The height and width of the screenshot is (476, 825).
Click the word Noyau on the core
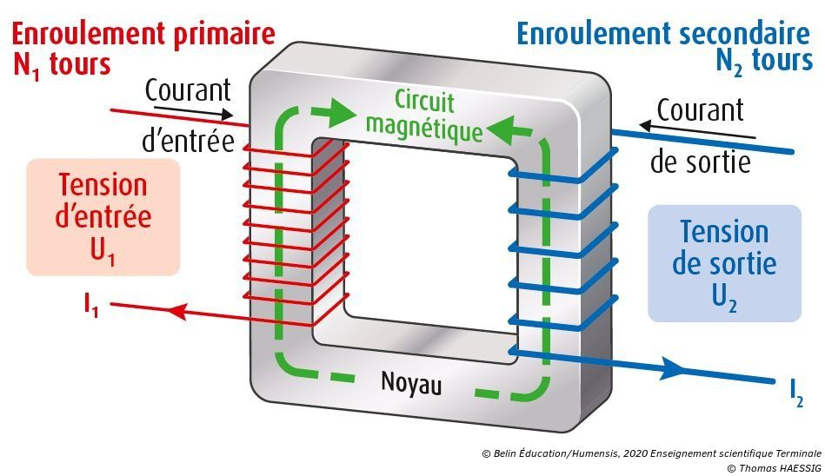coord(411,382)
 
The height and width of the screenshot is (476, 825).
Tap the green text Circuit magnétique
coord(423,116)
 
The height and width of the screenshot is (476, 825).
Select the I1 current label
coord(90,305)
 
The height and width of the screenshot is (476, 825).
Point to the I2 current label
coord(796,395)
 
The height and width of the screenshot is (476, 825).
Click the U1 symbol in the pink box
coord(103,249)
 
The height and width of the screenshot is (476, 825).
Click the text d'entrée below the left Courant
coord(188,141)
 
